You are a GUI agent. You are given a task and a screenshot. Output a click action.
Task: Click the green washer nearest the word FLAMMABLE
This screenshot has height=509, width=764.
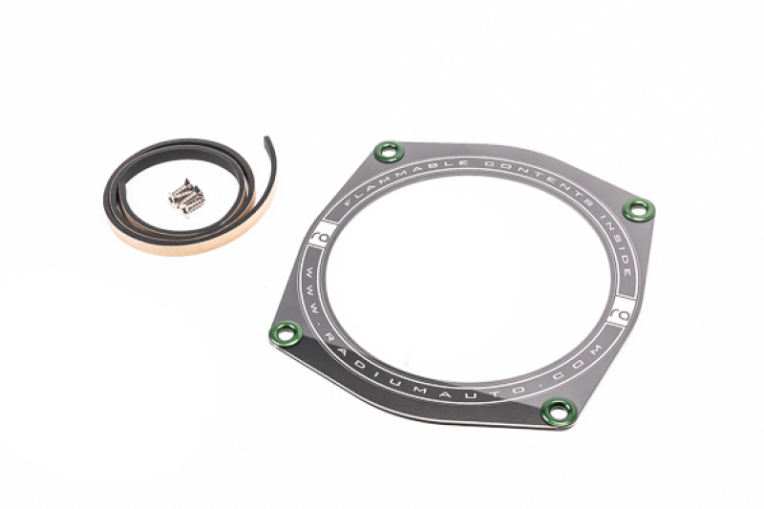coord(388,152)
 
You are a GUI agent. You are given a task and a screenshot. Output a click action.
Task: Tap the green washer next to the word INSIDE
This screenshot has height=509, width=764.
coord(638,210)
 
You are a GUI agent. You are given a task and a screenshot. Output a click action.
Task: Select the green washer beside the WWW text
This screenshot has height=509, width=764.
coord(286,333)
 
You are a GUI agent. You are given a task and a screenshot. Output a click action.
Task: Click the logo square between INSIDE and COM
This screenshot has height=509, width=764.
coord(620,308)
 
